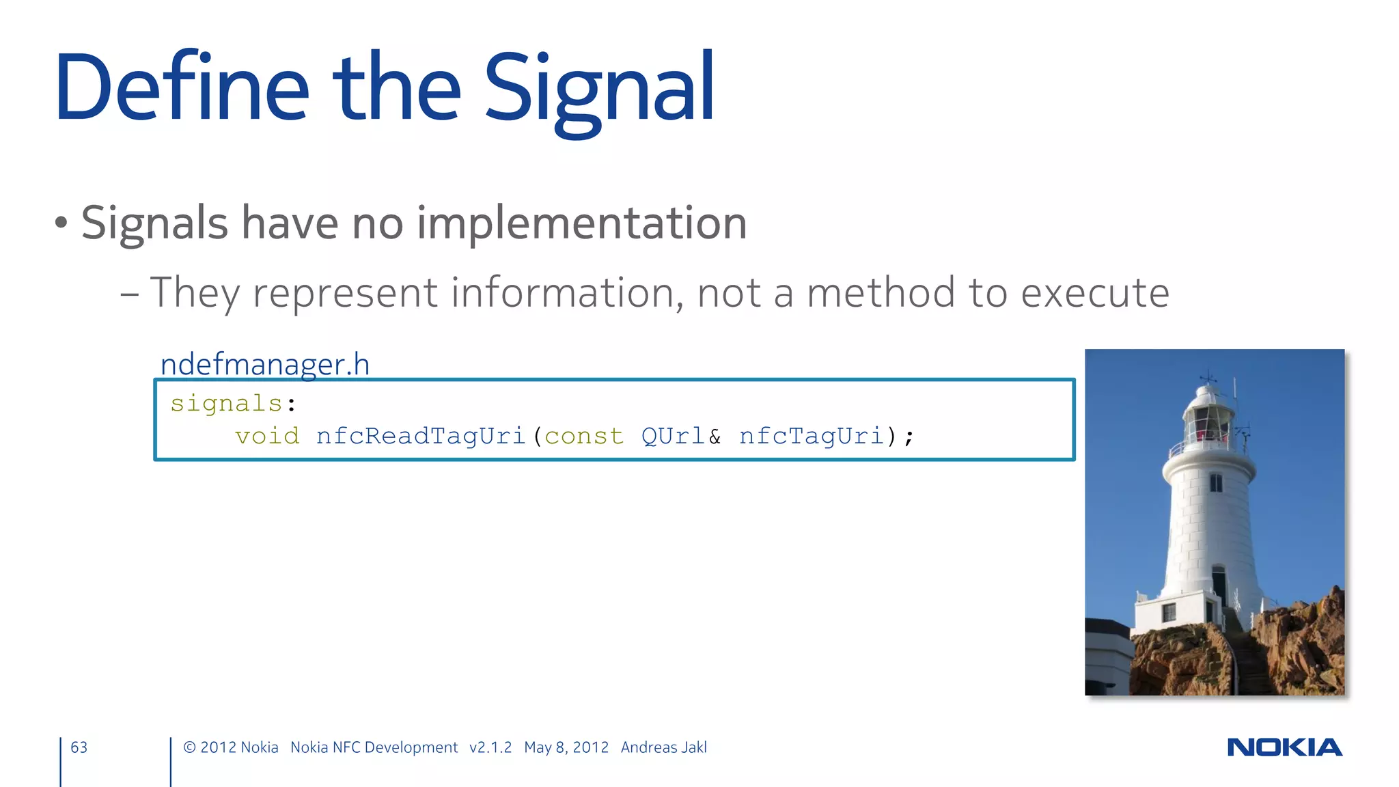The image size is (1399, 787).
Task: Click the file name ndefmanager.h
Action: [x=265, y=364]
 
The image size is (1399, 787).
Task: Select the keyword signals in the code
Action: [x=226, y=403]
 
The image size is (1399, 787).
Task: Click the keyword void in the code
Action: [x=267, y=436]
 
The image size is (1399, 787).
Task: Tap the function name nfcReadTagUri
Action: [x=420, y=436]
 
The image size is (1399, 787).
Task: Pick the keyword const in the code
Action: [x=584, y=436]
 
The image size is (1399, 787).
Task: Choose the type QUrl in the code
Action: [x=673, y=436]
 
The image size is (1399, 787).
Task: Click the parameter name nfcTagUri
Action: [x=811, y=436]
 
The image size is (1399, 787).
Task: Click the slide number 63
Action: [x=79, y=747]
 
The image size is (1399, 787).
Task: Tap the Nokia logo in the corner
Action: [x=1284, y=747]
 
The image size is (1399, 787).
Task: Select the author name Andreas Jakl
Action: [x=663, y=747]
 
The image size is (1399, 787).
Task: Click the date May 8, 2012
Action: [x=566, y=747]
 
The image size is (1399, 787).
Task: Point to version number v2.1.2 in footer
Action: [x=490, y=747]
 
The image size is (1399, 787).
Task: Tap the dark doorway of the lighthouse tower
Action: [x=1219, y=584]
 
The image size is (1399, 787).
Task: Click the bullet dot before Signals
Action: [x=61, y=223]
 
